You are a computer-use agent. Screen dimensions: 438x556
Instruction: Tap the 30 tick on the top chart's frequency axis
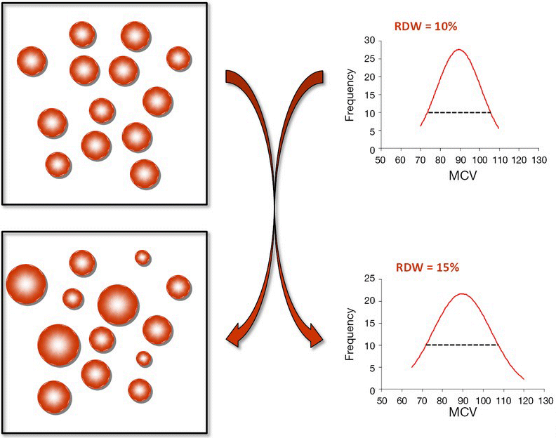coord(370,39)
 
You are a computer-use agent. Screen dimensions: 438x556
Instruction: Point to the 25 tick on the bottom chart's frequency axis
coord(370,279)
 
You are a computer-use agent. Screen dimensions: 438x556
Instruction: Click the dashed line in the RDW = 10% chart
coord(459,112)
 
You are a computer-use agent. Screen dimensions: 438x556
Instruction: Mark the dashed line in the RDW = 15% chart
coord(461,345)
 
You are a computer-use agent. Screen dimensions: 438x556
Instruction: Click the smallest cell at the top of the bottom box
coord(143,258)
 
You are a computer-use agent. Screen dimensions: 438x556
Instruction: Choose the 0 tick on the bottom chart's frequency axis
coord(373,390)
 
